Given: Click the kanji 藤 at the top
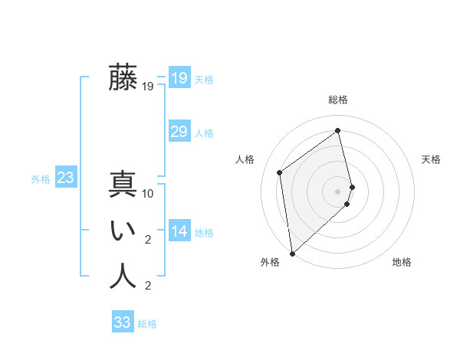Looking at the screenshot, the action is coord(123,77).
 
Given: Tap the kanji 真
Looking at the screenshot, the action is coord(123,185).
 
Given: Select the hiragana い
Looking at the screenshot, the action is coord(123,231).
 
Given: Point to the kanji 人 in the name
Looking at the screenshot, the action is coord(123,276).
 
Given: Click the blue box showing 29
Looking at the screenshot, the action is coord(179,132).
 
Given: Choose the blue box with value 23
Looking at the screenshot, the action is coord(65,178).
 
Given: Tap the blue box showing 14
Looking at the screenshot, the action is coord(179,231).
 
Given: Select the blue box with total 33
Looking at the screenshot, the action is coord(123,322).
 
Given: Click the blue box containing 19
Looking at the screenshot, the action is coord(179,77).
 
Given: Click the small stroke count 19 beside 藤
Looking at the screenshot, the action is coord(148,87).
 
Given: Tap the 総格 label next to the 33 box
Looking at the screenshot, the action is coord(147,324).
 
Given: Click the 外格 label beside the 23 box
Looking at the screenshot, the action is coord(41,179).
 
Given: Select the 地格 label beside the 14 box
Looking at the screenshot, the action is coord(204,233).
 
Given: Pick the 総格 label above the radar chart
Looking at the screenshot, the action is coord(338,100).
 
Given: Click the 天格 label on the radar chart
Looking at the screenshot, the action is coord(431,159).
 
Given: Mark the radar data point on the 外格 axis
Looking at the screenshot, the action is coord(292,254).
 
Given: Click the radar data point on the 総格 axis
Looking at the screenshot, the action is coord(338,130).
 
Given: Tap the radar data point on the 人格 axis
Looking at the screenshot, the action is coord(280,172).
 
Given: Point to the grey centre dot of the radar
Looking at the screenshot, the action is coord(338,191).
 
